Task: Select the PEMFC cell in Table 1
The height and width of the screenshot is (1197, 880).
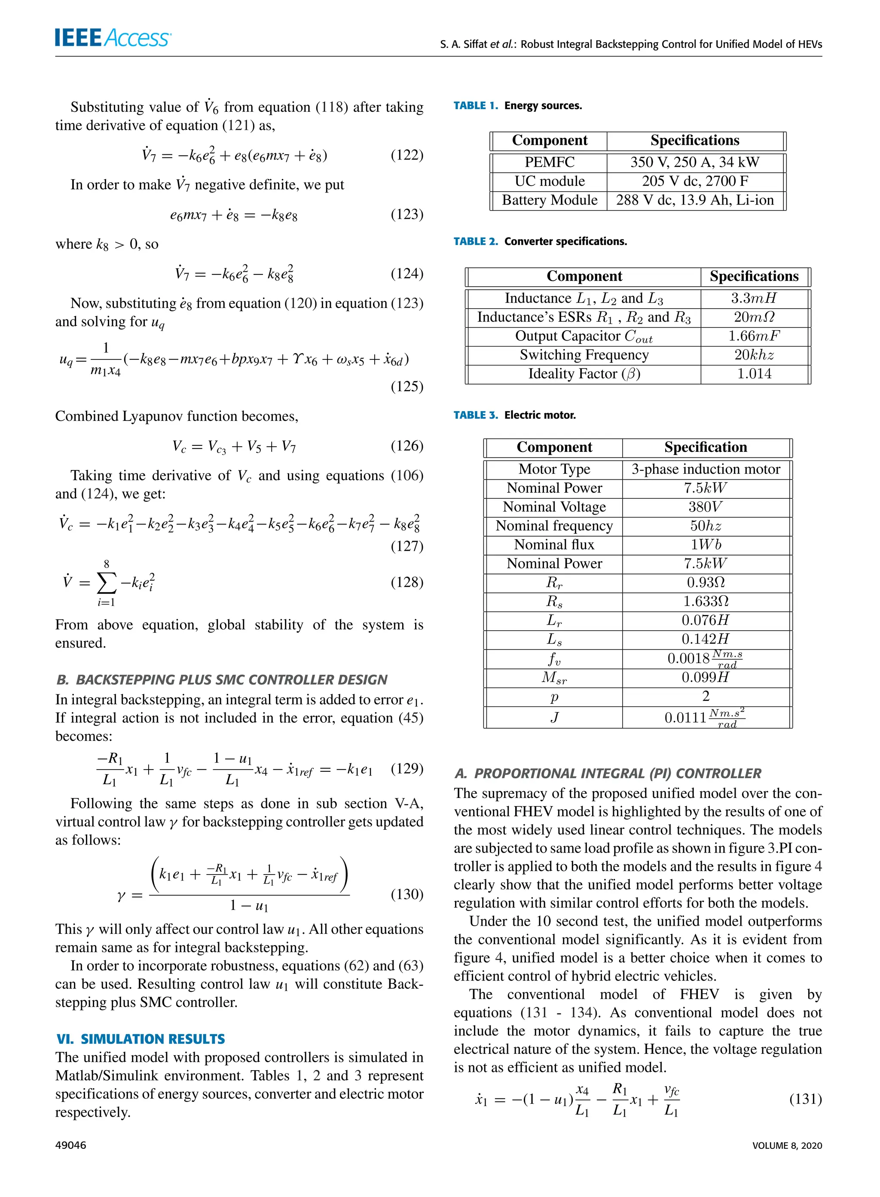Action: tap(549, 162)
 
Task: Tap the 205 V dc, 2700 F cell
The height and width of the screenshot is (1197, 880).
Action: tap(695, 181)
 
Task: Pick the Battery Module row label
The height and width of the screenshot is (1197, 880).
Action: tap(549, 200)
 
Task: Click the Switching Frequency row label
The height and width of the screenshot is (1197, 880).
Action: tap(584, 355)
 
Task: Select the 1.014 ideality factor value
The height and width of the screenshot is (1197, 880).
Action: tap(754, 374)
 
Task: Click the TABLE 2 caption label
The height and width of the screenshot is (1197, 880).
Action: tap(475, 242)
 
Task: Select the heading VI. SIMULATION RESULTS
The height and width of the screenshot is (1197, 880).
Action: tap(141, 1039)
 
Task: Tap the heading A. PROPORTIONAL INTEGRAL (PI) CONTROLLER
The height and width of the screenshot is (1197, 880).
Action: tap(608, 773)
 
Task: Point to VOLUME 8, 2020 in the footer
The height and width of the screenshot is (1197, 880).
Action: tap(787, 1145)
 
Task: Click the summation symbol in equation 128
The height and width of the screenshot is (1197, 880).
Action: tap(107, 583)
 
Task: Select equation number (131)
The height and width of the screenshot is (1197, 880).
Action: tap(805, 1099)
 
